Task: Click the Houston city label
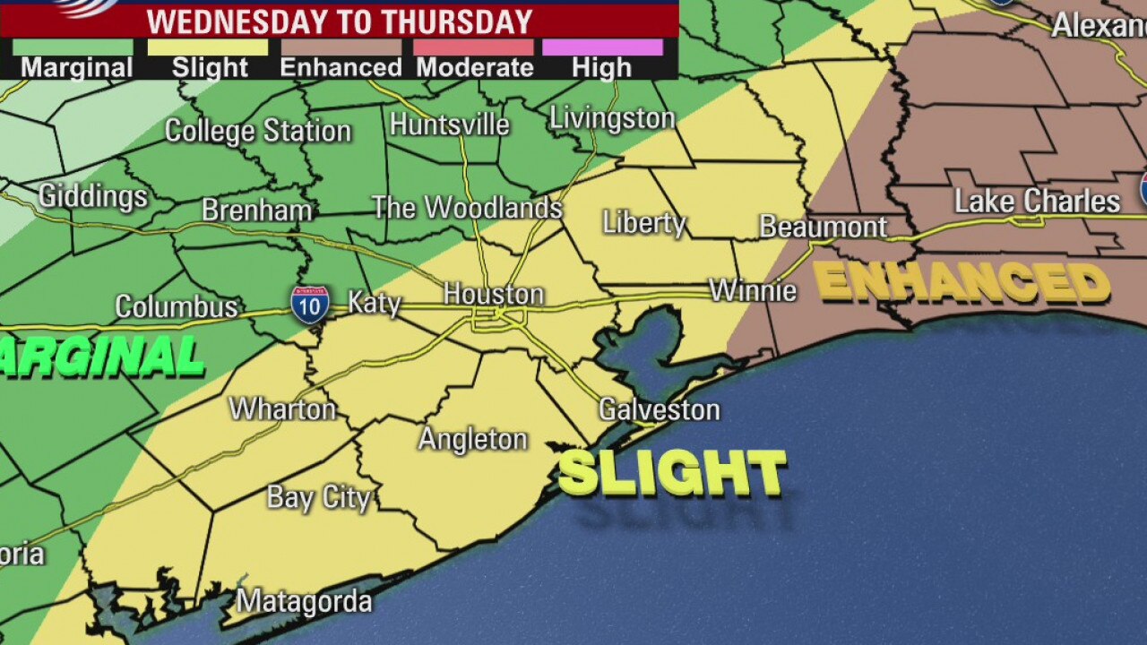[x=494, y=294]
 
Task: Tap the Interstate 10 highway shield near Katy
[x=309, y=305]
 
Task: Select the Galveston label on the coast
[x=659, y=410]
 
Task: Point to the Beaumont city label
[x=823, y=227]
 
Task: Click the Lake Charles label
[x=1037, y=201]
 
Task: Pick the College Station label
[x=258, y=131]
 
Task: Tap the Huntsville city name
[x=449, y=125]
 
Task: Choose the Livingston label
[x=612, y=118]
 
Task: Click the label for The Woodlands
[x=467, y=208]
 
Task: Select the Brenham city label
[x=256, y=211]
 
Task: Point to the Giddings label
[x=92, y=196]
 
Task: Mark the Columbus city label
[x=177, y=307]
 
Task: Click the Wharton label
[x=282, y=409]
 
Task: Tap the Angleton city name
[x=473, y=439]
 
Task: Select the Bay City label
[x=318, y=498]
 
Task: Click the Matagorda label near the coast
[x=304, y=601]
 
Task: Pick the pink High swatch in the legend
[x=604, y=47]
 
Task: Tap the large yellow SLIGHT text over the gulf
[x=671, y=473]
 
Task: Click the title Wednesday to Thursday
[x=339, y=21]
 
